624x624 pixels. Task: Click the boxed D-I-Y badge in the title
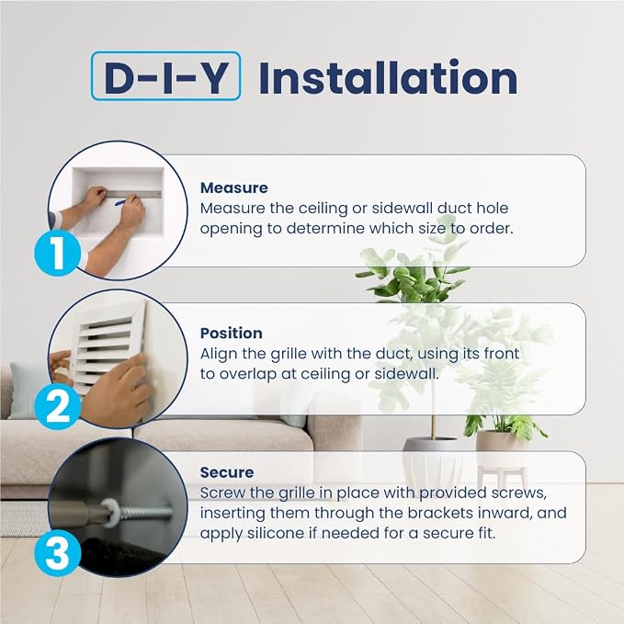pos(165,76)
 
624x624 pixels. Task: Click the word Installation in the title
pos(388,77)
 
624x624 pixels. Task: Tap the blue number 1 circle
pos(57,253)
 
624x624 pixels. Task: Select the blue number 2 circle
pos(57,406)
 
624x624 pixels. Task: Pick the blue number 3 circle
pos(57,552)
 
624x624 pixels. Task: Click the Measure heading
pos(234,187)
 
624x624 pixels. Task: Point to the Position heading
pos(232,333)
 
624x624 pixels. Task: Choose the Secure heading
pos(227,472)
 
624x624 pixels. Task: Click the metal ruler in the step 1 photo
pos(133,194)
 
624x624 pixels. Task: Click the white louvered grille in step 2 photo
pos(108,347)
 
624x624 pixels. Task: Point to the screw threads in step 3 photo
pos(146,512)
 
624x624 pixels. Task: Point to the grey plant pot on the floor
pos(433,461)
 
